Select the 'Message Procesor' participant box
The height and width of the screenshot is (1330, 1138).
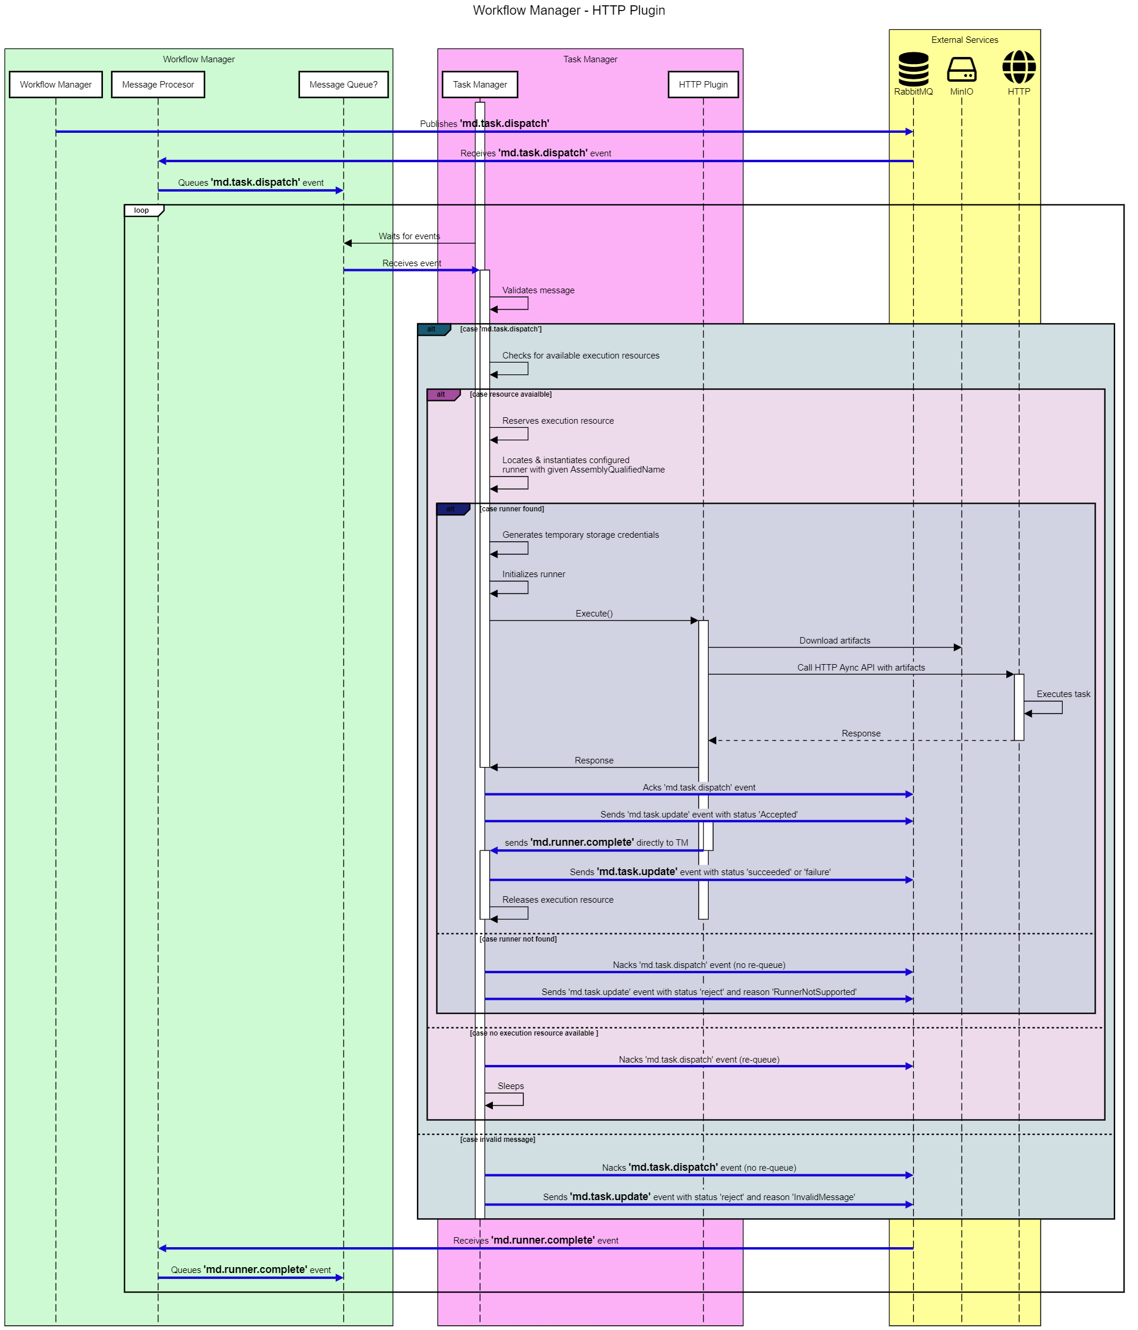coord(158,84)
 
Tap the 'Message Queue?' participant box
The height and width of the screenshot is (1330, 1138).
coord(343,84)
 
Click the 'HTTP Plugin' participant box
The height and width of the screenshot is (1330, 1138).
coord(703,84)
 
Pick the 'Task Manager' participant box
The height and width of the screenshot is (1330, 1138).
coord(480,84)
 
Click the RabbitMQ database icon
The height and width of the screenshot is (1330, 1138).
coord(913,68)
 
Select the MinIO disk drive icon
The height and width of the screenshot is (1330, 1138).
coord(962,68)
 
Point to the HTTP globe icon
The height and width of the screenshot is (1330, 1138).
coord(1019,67)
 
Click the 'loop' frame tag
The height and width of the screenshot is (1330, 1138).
coord(142,210)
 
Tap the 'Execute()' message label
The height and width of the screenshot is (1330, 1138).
coord(594,614)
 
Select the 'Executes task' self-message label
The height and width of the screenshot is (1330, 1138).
coord(1063,694)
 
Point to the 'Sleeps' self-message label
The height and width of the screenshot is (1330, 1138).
coord(510,1086)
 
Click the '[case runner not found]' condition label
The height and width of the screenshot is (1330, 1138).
coord(518,939)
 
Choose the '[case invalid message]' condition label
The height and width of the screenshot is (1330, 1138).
coord(498,1140)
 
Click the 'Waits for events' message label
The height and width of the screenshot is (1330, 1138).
coord(409,236)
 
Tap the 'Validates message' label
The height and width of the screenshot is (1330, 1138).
coord(538,290)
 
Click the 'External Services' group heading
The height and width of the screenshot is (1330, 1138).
coord(964,40)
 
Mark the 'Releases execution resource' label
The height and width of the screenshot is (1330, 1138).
coord(558,900)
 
